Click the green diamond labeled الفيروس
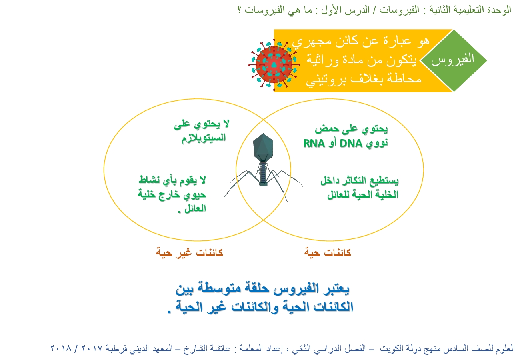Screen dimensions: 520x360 [453, 60]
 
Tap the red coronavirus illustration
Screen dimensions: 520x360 [274, 64]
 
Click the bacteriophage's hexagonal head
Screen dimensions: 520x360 [263, 147]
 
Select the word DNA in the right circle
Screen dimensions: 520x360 [351, 144]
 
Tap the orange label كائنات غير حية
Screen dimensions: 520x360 [190, 253]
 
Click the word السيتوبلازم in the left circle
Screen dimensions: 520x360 [204, 138]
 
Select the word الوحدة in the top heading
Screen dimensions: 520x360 [499, 10]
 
